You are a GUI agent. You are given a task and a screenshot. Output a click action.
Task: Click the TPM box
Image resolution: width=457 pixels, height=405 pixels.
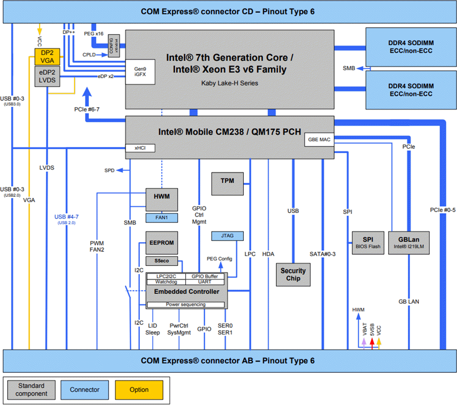[228, 184]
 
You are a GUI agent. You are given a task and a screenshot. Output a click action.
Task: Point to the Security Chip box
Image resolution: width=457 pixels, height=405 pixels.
[293, 275]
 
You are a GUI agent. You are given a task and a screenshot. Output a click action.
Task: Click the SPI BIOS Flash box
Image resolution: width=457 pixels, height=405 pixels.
[368, 242]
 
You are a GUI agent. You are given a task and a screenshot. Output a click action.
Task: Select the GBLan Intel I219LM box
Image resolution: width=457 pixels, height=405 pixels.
[409, 242]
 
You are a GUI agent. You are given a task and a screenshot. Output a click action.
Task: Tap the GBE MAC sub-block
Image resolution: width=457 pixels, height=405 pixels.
[319, 140]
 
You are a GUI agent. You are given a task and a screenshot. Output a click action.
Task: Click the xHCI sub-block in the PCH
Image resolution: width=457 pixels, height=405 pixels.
[140, 148]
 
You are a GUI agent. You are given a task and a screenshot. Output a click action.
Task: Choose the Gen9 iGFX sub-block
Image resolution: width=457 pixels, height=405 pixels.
[140, 72]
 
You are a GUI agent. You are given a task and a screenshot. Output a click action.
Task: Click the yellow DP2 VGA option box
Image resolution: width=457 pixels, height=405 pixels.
[47, 56]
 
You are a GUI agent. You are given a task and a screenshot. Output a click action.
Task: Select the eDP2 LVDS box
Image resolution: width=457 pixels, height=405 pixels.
[47, 76]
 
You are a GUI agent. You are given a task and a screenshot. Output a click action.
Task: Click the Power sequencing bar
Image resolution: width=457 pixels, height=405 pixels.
[185, 304]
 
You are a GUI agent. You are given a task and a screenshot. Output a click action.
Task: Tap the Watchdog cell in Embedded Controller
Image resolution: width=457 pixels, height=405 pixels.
[165, 282]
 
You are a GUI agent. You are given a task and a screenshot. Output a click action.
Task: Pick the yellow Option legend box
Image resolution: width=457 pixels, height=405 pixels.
[139, 390]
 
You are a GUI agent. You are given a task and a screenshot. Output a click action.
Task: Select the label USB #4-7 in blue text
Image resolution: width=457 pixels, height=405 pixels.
[66, 217]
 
